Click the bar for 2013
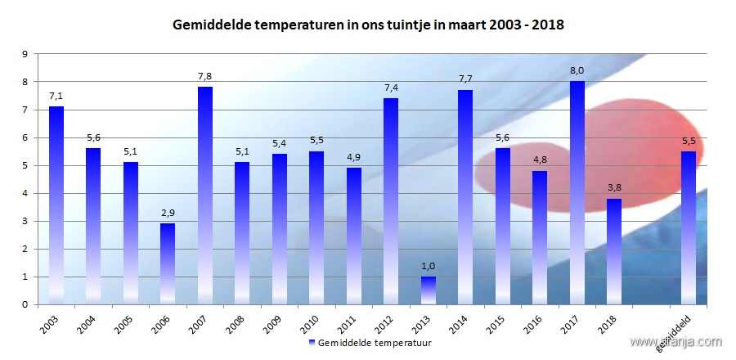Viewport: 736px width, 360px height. (429, 290)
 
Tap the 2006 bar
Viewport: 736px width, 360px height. (168, 263)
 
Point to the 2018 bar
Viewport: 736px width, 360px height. (614, 251)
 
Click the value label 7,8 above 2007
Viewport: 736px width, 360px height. (204, 76)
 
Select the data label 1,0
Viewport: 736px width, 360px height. (429, 266)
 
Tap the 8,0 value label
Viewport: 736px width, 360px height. (577, 71)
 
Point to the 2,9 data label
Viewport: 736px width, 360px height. (168, 213)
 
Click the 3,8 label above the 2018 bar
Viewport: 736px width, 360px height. (614, 188)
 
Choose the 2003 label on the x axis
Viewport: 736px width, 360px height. (49, 322)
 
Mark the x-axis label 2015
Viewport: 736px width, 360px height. (495, 322)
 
